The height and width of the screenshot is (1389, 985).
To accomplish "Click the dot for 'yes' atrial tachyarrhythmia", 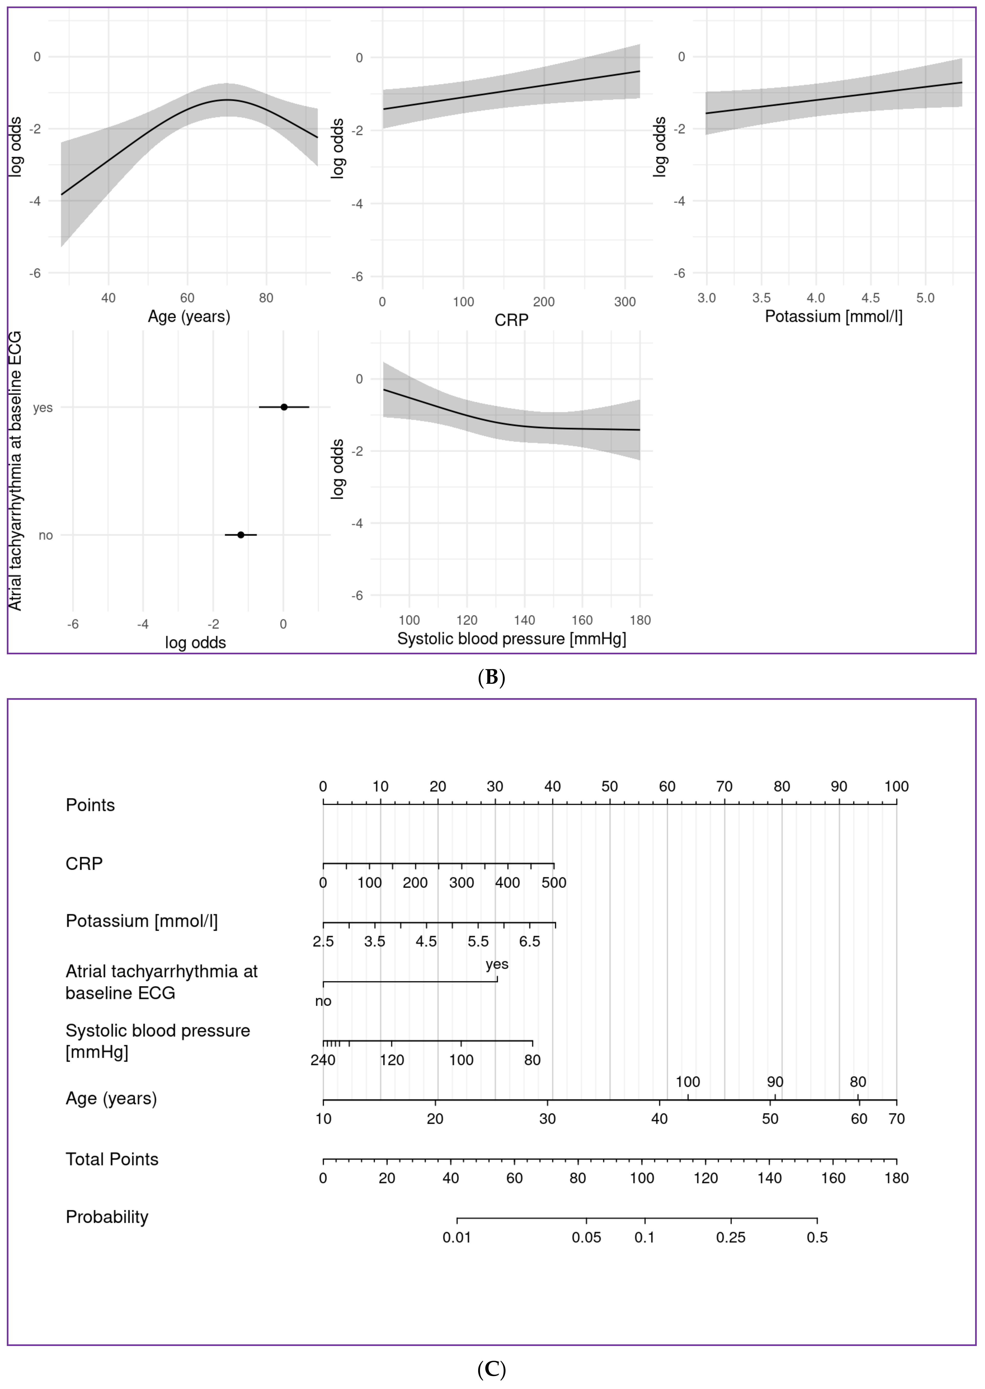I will click(x=284, y=407).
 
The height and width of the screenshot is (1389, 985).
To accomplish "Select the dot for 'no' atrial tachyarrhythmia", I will click(x=241, y=535).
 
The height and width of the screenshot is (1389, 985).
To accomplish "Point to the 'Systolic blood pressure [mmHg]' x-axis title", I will click(x=511, y=639).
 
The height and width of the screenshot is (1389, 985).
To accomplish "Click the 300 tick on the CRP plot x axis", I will click(x=625, y=302).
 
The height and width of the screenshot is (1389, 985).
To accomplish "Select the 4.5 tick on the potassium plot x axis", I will click(x=870, y=298).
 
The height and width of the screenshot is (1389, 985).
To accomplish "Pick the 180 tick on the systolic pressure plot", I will click(x=640, y=620).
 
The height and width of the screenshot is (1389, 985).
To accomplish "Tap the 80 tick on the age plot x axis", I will click(x=266, y=298).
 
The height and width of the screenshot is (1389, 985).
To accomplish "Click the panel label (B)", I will click(x=491, y=678).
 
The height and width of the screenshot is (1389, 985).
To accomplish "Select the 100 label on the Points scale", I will click(x=896, y=787).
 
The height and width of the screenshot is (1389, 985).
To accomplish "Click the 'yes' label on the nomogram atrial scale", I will click(x=497, y=965).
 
